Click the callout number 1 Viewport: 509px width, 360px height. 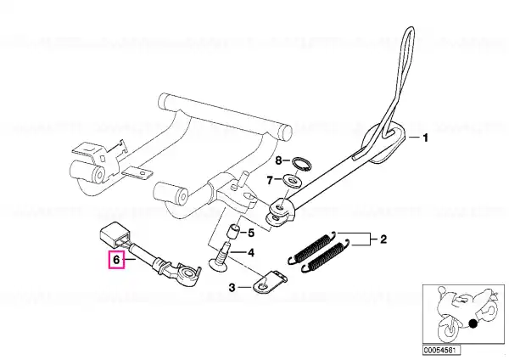[x=426, y=136]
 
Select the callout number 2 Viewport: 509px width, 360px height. [x=383, y=241]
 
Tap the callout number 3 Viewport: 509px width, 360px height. [x=232, y=289]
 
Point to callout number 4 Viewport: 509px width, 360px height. [x=251, y=251]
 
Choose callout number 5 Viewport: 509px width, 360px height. [x=250, y=232]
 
